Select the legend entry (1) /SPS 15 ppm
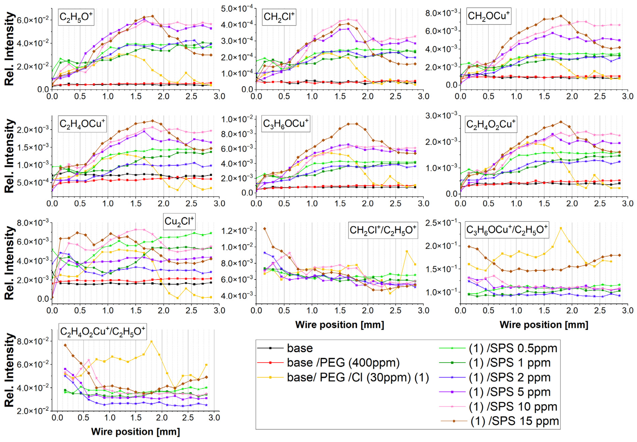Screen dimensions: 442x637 click(x=514, y=421)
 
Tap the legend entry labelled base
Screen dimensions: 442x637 click(x=300, y=348)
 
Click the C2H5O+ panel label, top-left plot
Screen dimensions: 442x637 click(x=76, y=17)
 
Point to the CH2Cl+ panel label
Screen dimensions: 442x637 click(x=279, y=17)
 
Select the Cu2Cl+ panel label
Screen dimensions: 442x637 click(x=179, y=221)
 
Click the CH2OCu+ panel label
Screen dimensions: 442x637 click(x=488, y=16)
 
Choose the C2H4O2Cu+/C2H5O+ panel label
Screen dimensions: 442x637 click(x=102, y=331)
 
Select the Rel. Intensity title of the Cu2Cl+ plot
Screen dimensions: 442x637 click(x=10, y=263)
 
